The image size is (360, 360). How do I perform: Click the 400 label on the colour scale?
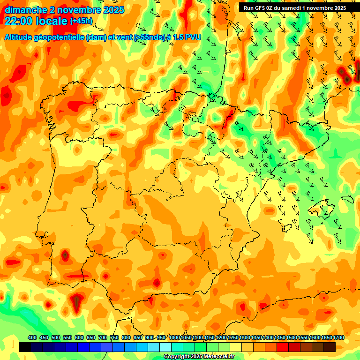pos(32,337)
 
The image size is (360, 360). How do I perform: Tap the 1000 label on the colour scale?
pos(174,337)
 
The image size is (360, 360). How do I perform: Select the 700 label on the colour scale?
pos(103,337)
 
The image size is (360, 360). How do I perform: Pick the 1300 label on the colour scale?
pos(245,337)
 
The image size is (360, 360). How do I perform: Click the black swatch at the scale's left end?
pos(25,347)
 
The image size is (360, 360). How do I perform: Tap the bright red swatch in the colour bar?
pos(283,347)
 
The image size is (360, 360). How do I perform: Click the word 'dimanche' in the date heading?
pos(26,10)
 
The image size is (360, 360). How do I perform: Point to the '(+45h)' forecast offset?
pos(81,21)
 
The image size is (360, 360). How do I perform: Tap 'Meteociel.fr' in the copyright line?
pos(217,357)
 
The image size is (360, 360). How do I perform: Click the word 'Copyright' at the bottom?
pos(177,357)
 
